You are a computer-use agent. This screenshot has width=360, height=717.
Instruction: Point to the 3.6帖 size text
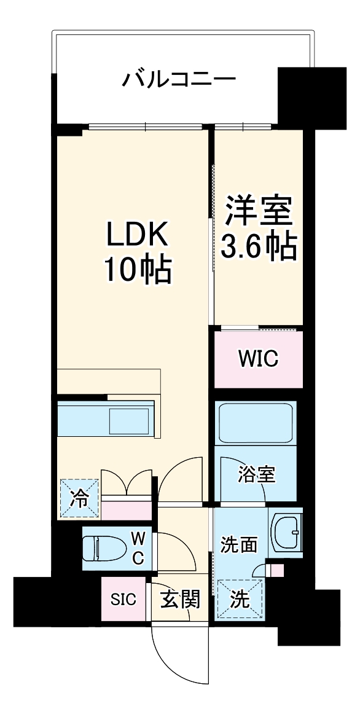(259, 246)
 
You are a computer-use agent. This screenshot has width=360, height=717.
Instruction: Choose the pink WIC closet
(258, 359)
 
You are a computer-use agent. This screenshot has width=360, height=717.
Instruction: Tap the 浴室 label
(257, 474)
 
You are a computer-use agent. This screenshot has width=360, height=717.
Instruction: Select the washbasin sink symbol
(286, 532)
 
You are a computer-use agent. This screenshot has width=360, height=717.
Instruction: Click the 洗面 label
(239, 544)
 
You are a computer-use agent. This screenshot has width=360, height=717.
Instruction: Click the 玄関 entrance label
(179, 599)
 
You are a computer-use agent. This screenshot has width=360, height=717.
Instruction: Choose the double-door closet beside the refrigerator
(126, 485)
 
